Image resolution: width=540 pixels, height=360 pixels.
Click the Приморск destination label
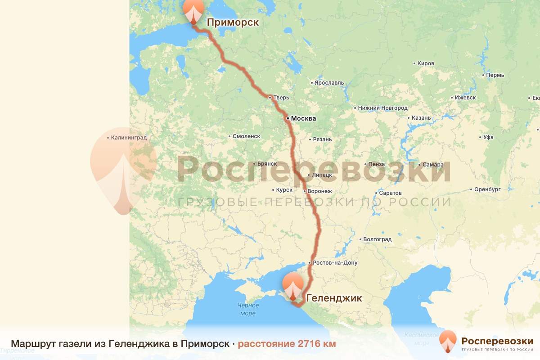point(232,22)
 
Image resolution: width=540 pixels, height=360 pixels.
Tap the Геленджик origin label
point(333,298)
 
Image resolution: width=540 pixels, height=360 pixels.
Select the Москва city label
point(303,119)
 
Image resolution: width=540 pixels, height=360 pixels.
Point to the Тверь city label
point(281,98)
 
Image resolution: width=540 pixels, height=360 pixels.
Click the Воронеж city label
point(319,191)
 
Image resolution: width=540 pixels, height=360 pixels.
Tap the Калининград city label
point(129,138)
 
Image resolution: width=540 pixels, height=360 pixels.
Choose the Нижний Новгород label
point(382,108)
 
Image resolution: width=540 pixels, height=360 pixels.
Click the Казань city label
point(421,118)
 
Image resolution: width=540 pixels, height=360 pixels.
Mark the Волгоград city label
point(377,239)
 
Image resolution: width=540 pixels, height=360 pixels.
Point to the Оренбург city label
point(487,189)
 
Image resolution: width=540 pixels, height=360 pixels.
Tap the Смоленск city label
point(246,136)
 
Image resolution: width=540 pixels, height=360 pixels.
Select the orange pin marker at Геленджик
point(293,286)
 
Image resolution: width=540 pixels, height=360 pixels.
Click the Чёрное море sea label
point(248,309)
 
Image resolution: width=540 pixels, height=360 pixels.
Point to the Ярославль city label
point(329,83)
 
